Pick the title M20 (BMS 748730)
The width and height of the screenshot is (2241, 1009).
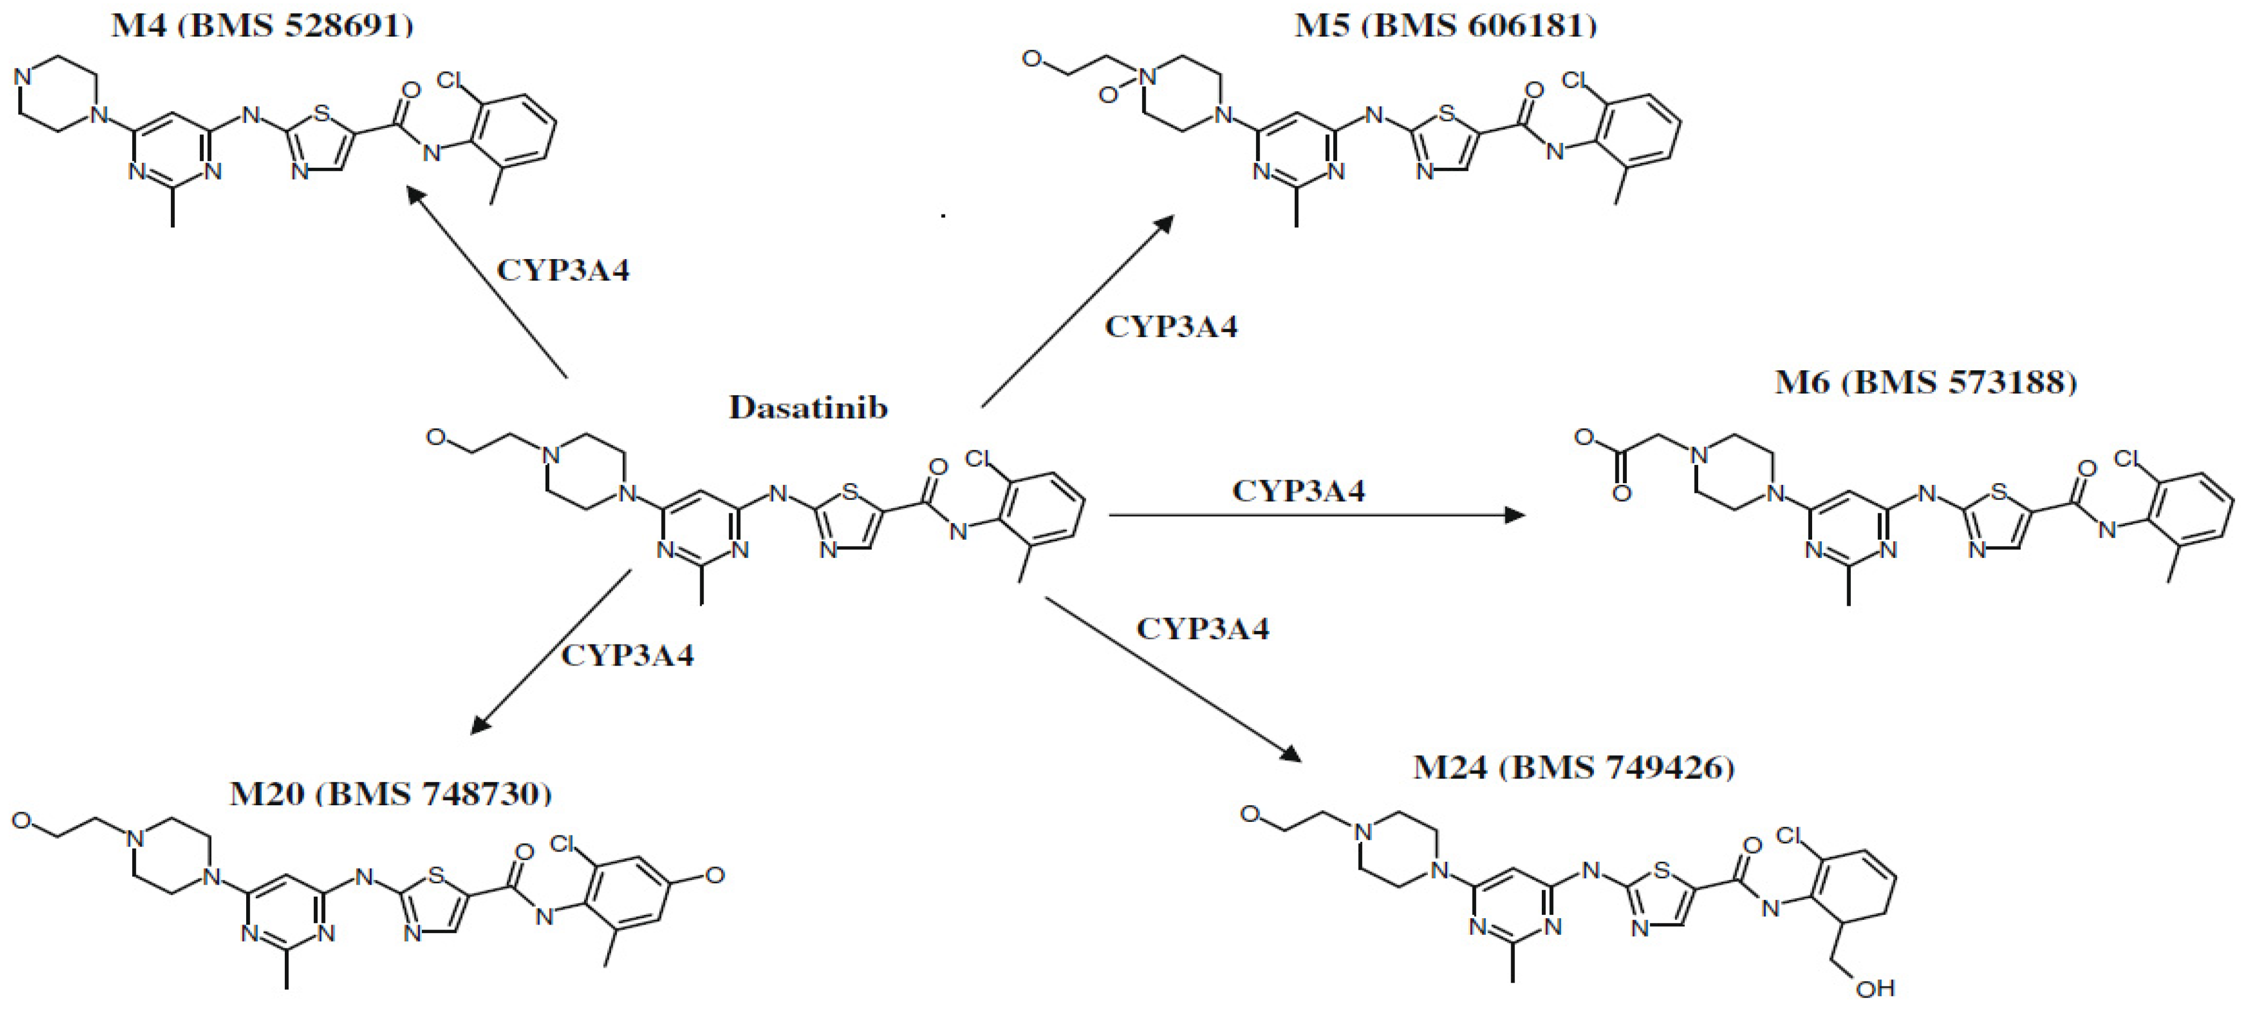[x=391, y=793]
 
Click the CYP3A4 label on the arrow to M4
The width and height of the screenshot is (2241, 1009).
[x=563, y=270]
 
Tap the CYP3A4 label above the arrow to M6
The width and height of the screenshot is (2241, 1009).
[x=1299, y=491]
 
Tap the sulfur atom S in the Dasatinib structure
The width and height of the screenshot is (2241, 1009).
[x=850, y=493]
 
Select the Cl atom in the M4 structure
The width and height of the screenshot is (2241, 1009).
[x=451, y=81]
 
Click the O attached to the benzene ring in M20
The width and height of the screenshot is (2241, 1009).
[x=714, y=875]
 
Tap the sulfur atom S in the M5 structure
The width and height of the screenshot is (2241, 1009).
[x=1446, y=113]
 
